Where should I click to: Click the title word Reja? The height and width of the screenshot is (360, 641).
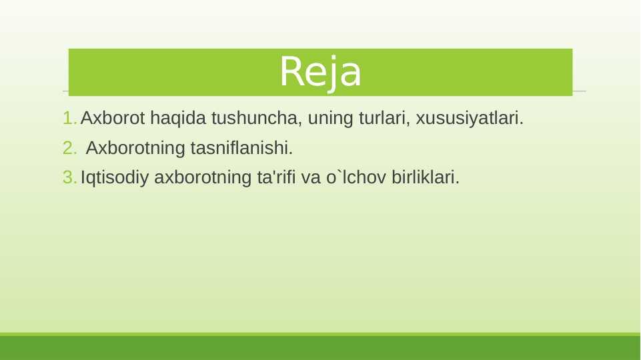(x=320, y=72)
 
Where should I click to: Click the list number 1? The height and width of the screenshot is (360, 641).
(x=69, y=118)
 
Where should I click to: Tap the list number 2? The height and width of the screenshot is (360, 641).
(x=69, y=147)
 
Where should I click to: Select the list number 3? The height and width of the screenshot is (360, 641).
(x=69, y=177)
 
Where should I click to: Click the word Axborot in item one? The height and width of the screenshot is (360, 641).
(x=113, y=118)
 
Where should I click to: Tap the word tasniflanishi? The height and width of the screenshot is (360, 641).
(x=241, y=147)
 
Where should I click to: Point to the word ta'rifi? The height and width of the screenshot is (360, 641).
(x=276, y=177)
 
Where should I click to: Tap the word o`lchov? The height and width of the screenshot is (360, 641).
(x=356, y=177)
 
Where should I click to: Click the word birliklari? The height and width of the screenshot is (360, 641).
(x=426, y=177)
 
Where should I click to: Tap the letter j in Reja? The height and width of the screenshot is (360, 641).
(x=332, y=74)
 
